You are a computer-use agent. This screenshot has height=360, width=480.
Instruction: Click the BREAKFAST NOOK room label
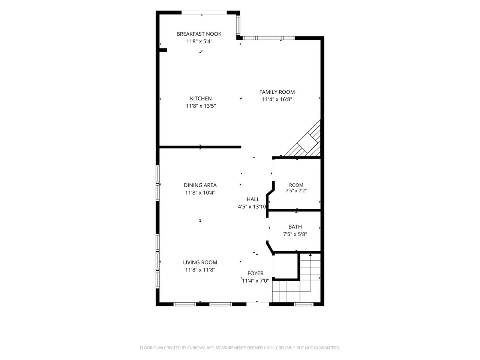199,34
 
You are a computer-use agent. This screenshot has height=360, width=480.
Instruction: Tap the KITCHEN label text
201,99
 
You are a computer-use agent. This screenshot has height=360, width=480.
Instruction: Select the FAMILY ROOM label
277,92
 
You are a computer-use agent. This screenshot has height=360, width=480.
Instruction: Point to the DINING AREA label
200,185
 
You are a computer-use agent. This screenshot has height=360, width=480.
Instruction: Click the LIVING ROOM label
200,262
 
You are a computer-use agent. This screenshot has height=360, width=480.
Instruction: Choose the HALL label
253,199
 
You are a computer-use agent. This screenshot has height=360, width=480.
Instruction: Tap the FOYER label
255,273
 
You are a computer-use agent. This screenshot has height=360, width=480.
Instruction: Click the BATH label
295,227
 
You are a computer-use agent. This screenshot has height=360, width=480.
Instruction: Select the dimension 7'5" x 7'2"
296,190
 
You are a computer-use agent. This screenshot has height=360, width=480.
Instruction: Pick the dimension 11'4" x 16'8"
277,99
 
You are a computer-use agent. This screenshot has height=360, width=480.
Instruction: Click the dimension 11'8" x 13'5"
201,106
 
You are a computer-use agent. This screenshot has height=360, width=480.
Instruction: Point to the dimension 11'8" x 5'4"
199,41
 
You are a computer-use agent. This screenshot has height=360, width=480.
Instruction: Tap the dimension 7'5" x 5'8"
295,234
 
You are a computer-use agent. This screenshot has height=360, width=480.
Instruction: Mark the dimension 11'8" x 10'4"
200,193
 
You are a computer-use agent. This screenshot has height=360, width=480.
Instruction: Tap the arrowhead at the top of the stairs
310,255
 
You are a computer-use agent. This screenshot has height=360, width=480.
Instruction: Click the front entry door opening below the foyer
258,304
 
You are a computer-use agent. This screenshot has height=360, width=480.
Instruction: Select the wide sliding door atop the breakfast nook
204,13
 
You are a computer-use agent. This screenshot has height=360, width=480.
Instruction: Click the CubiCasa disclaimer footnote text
240,348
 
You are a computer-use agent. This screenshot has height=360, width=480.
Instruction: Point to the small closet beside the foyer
285,266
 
